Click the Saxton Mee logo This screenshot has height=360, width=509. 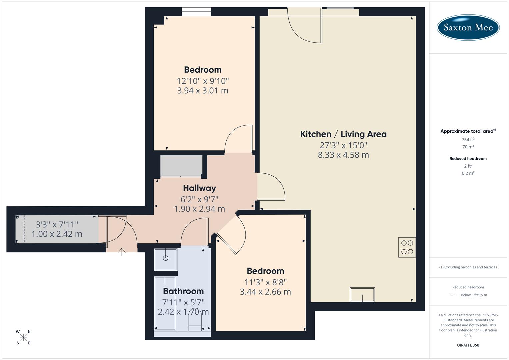tap(468, 27)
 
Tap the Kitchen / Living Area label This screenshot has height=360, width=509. tap(343, 134)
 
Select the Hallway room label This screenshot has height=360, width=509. tap(199, 188)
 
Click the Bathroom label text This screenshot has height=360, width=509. tap(183, 291)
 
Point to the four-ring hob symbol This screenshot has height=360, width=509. tap(407, 247)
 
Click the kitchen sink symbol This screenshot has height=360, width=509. tap(362, 294)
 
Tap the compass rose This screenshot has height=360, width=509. tap(23, 337)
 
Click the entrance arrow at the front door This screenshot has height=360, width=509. tap(122, 252)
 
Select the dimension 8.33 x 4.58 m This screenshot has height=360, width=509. tap(343, 155)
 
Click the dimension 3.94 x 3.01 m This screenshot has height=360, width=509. tap(203, 91)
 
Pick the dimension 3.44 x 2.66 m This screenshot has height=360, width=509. tap(265, 292)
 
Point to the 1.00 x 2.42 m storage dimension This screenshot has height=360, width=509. tap(57, 234)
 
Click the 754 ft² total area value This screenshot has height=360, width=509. tap(468, 140)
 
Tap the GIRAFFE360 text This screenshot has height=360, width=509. tap(468, 345)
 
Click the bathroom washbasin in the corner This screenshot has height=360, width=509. tap(166, 259)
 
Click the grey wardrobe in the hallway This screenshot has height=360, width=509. tap(181, 166)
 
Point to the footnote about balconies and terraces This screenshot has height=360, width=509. tap(468, 267)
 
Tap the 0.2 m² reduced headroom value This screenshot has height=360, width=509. tap(468, 173)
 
